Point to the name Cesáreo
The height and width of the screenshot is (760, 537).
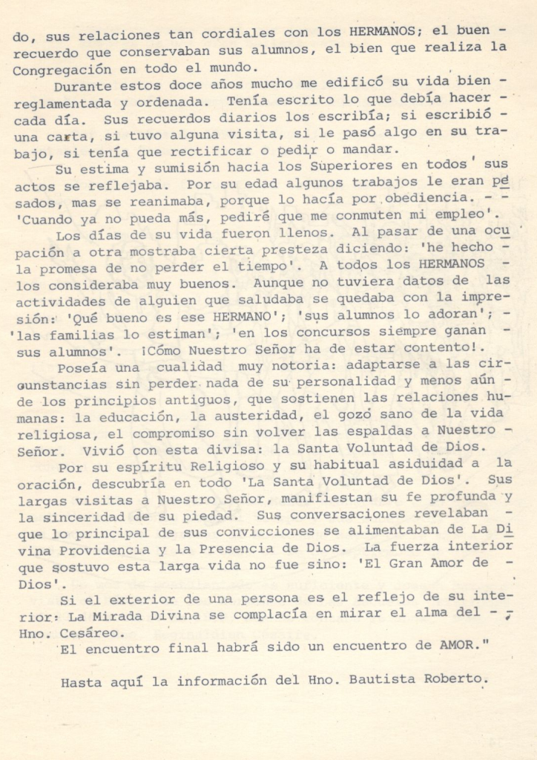[x=92, y=632]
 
